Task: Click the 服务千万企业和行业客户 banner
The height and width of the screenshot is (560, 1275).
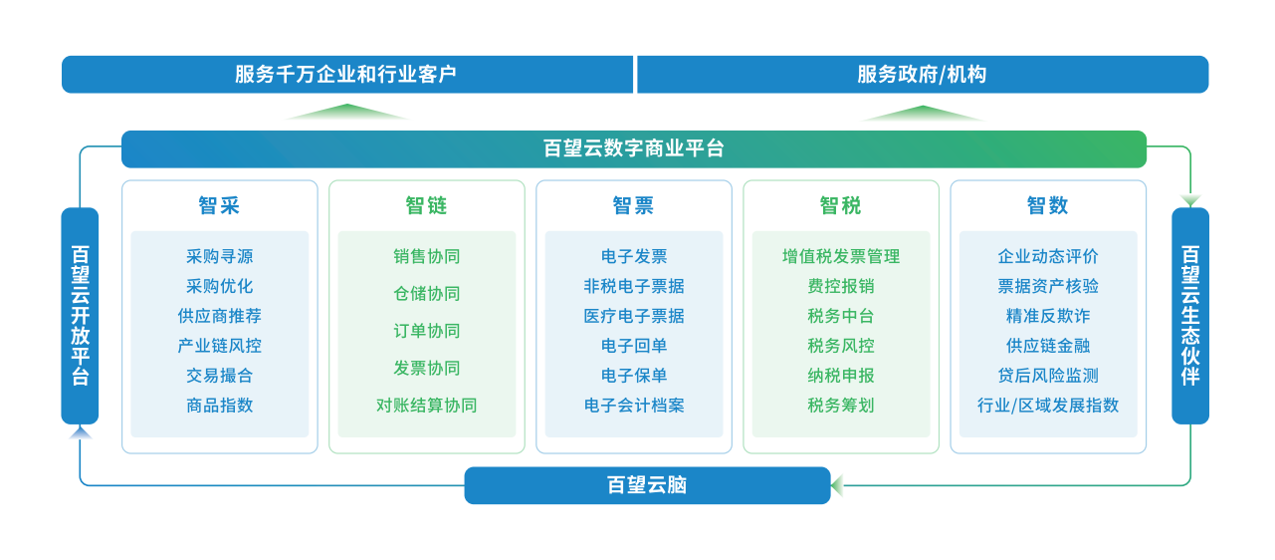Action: point(347,74)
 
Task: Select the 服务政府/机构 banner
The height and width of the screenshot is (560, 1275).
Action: point(923,74)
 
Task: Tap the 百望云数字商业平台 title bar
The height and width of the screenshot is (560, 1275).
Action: point(633,148)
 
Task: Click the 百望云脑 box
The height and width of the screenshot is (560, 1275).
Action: point(647,485)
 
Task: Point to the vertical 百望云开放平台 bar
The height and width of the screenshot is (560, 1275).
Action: point(80,316)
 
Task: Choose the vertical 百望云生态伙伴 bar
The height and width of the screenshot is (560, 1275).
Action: point(1190,316)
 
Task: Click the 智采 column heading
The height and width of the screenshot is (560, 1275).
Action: point(219,205)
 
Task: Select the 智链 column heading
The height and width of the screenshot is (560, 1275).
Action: point(426,205)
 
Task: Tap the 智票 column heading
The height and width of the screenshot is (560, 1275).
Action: point(633,205)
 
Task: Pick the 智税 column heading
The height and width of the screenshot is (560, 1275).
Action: point(841,205)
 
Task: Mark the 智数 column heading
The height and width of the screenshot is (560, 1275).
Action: point(1048,205)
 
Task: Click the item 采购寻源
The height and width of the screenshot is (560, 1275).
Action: point(219,256)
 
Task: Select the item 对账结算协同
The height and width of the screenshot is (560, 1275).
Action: point(426,406)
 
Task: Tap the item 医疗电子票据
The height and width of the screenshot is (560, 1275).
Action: point(633,316)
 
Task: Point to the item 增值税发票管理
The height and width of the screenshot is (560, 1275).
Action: point(841,256)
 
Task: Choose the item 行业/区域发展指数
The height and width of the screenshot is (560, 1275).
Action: point(1048,406)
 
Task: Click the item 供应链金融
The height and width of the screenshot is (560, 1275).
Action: point(1048,346)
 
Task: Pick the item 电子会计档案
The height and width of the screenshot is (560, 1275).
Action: point(633,406)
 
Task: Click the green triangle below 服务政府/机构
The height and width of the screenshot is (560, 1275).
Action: point(922,113)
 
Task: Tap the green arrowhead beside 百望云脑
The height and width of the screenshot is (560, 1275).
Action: point(837,485)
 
